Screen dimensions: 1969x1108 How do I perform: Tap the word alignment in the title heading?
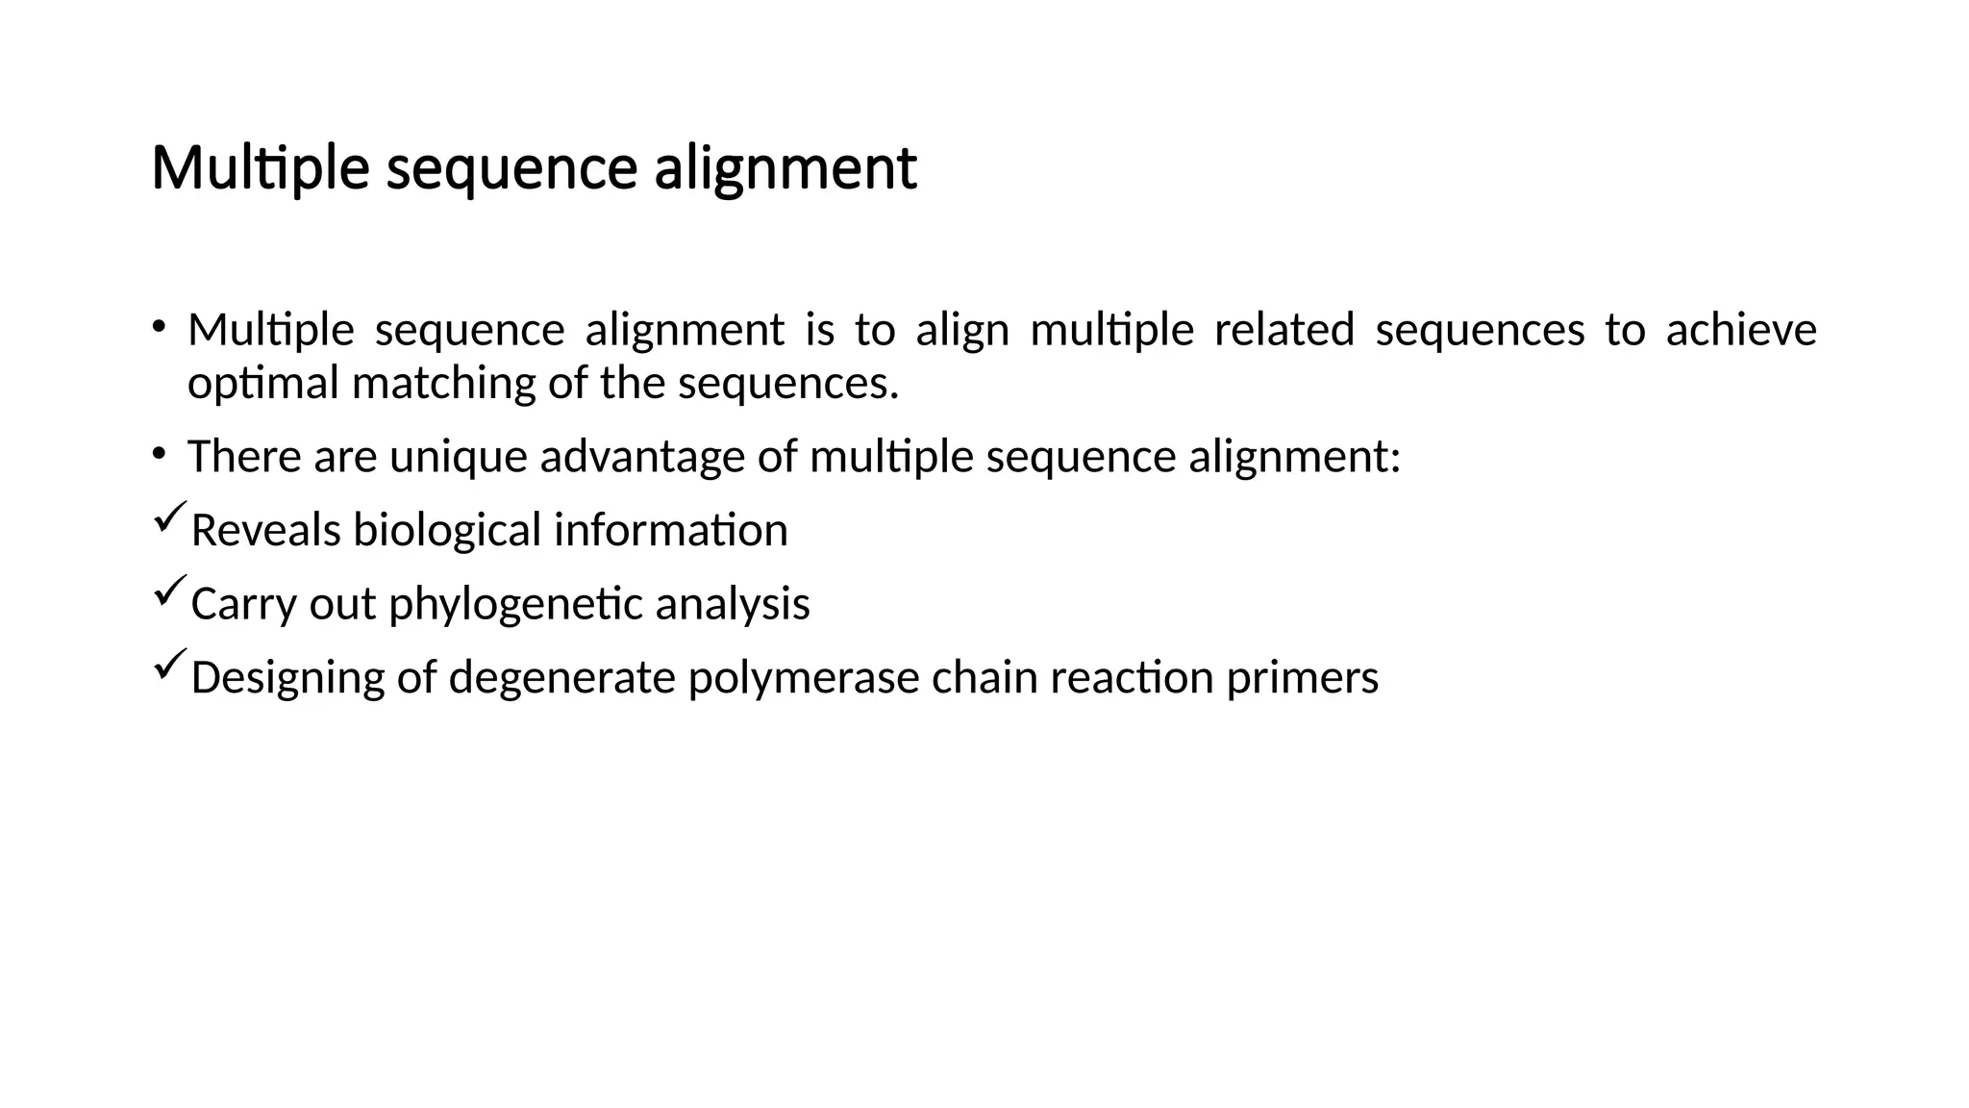pyautogui.click(x=785, y=169)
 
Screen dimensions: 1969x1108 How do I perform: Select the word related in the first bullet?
pyautogui.click(x=1284, y=330)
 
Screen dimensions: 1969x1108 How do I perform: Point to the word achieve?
pyautogui.click(x=1740, y=330)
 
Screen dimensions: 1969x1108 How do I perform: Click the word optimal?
pyautogui.click(x=263, y=384)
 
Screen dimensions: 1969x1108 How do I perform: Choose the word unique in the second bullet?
pyautogui.click(x=458, y=457)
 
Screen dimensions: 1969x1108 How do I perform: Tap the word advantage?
pyautogui.click(x=642, y=457)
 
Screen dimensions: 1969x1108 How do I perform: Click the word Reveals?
pyautogui.click(x=265, y=530)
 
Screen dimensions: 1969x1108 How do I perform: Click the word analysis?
pyautogui.click(x=733, y=604)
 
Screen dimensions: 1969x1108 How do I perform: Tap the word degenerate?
pyautogui.click(x=561, y=678)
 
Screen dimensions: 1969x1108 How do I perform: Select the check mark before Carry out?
pyautogui.click(x=169, y=592)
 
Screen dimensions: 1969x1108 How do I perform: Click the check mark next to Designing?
pyautogui.click(x=169, y=666)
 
